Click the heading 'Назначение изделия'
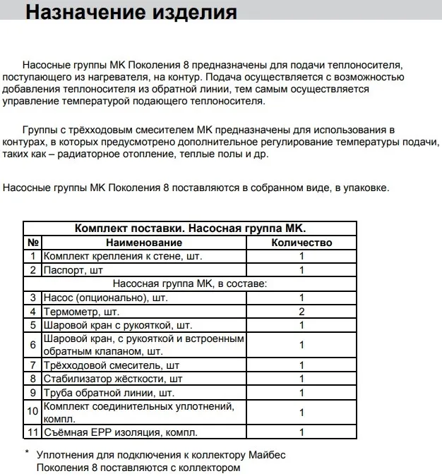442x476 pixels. [x=131, y=13]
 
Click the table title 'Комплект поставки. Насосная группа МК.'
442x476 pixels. [x=190, y=228]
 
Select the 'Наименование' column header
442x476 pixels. [x=145, y=243]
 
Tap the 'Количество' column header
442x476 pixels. [x=301, y=243]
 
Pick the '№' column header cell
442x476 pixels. [x=33, y=243]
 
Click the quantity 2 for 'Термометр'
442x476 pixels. [x=301, y=311]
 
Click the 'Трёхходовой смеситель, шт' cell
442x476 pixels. [x=111, y=365]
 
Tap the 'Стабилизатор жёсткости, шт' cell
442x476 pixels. [x=115, y=379]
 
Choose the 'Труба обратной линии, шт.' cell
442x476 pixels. [x=109, y=393]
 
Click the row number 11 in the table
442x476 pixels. [x=33, y=432]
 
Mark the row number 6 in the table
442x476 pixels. [x=33, y=345]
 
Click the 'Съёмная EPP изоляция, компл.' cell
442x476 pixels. [x=120, y=432]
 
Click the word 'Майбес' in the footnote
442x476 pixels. [x=268, y=455]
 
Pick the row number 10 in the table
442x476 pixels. [x=33, y=413]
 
